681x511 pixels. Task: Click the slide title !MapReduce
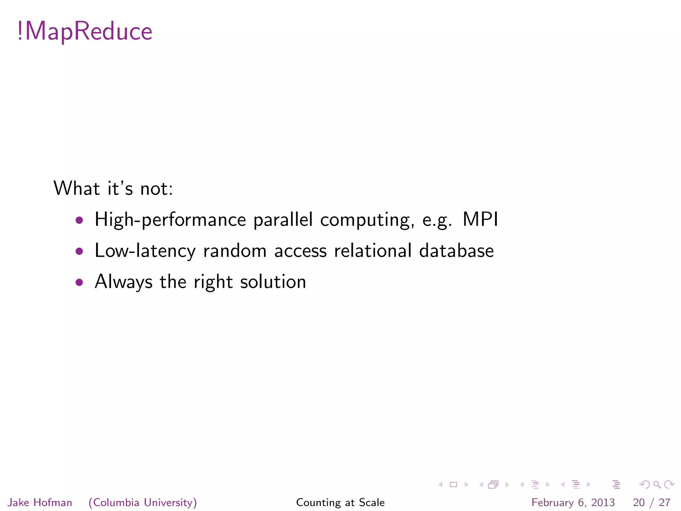point(85,31)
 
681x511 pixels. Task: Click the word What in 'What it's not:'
point(76,188)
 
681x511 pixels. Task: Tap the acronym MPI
point(480,220)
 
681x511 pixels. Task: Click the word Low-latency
point(145,251)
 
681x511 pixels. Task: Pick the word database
point(456,251)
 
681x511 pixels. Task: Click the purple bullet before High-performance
point(79,220)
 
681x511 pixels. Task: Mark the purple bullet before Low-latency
point(79,251)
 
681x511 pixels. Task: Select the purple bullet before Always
point(79,282)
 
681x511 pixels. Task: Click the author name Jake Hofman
point(40,502)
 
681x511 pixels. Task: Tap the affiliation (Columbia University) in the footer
point(143,502)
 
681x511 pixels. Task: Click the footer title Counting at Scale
point(340,502)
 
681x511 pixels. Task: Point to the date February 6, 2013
point(573,502)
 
